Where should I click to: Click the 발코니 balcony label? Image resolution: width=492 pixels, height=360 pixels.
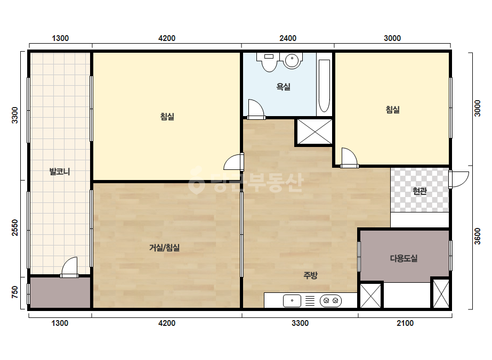tap(60, 171)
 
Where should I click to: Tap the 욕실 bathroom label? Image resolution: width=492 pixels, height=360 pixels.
tap(284, 87)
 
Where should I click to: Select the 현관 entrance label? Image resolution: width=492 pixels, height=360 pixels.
tap(420, 191)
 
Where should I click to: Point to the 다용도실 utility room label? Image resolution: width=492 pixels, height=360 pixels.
tap(404, 258)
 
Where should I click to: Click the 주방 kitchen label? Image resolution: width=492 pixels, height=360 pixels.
tap(311, 275)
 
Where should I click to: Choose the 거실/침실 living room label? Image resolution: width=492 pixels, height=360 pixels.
tap(164, 248)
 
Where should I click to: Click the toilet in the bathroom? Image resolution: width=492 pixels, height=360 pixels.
tap(269, 61)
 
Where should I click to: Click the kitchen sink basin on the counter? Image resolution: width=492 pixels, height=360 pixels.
tap(292, 301)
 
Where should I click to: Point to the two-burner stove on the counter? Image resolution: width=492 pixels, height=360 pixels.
tap(330, 301)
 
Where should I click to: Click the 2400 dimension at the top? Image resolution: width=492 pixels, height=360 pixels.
tap(288, 38)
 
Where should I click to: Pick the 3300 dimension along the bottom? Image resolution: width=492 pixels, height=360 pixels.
tap(300, 323)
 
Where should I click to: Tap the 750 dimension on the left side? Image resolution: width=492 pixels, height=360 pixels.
tap(15, 292)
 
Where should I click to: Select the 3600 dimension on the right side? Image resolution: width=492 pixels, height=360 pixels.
tap(477, 236)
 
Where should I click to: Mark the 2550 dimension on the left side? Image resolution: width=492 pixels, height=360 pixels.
tap(15, 228)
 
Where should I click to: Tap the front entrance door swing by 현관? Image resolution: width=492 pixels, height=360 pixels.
tap(459, 179)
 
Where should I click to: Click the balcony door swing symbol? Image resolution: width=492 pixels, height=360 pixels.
tap(69, 267)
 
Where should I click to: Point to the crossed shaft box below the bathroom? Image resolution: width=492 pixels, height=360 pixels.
tap(314, 132)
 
